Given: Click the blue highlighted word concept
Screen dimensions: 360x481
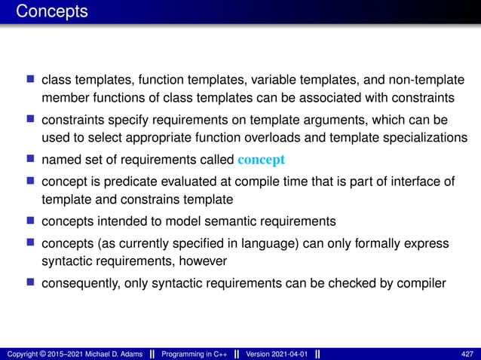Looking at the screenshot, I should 261,159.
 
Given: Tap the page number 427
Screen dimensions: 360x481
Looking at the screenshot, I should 467,354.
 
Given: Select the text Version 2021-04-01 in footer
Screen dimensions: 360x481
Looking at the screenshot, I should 277,354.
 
